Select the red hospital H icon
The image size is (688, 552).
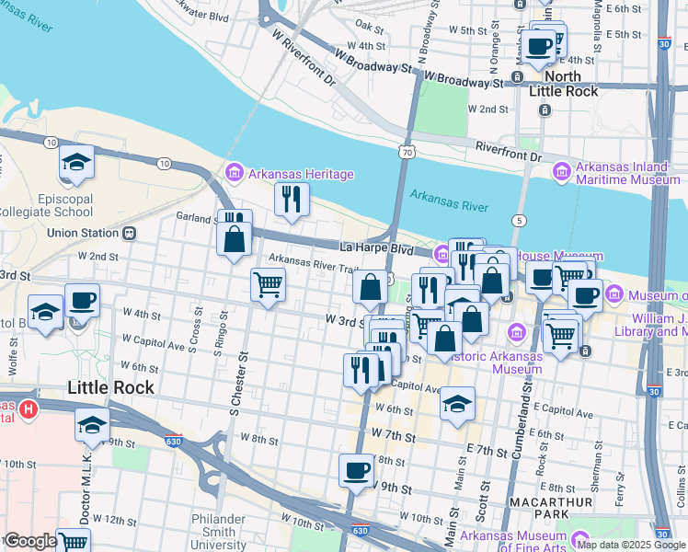tap(29, 408)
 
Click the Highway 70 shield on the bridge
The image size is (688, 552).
tap(406, 150)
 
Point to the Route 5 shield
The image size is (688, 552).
tap(521, 220)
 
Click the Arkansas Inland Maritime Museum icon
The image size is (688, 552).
tap(561, 170)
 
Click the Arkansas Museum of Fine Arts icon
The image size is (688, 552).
tap(579, 538)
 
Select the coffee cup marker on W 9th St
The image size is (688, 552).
tap(356, 471)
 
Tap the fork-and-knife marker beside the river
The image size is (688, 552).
tap(292, 199)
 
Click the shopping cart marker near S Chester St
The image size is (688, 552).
tap(268, 284)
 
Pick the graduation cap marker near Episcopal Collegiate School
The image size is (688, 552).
tap(77, 164)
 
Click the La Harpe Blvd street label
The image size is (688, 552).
tap(376, 248)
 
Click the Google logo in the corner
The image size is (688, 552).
tap(30, 541)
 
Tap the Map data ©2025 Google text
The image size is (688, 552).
tap(631, 545)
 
